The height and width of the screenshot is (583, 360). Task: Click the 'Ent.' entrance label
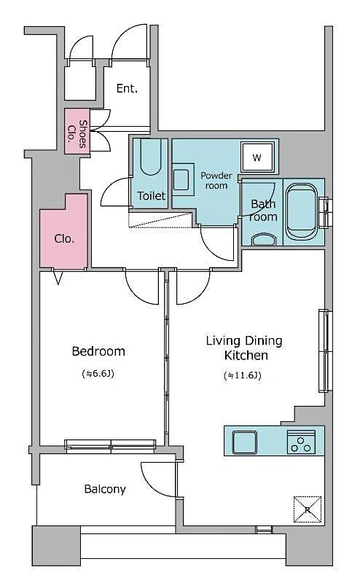(127, 89)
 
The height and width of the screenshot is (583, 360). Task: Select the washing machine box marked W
(257, 157)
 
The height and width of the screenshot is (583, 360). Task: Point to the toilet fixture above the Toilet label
(151, 157)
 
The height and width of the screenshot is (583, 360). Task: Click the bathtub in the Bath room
(301, 211)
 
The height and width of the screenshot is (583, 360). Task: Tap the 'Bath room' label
(263, 211)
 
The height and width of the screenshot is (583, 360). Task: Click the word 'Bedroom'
(98, 351)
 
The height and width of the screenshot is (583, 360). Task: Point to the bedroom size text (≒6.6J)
(98, 375)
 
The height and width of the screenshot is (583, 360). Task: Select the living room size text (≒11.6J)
(243, 376)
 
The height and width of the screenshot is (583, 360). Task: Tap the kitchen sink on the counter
(244, 442)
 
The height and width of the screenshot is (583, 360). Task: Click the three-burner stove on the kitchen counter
(301, 442)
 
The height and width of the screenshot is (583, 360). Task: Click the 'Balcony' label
(104, 489)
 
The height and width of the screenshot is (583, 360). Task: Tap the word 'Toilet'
(152, 196)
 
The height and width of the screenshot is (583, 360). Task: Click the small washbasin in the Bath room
(262, 239)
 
